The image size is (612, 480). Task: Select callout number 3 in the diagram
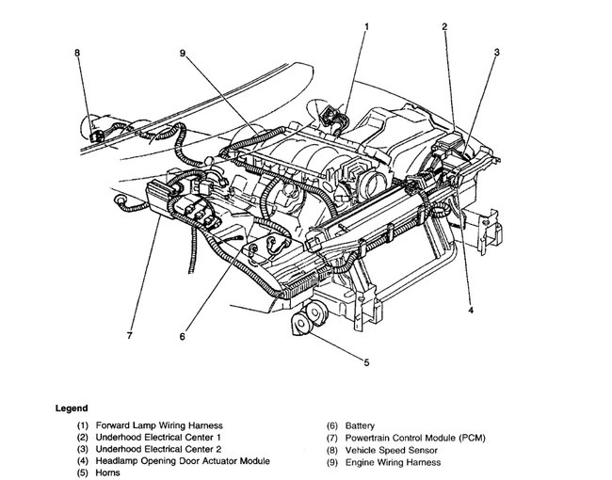[496, 52]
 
